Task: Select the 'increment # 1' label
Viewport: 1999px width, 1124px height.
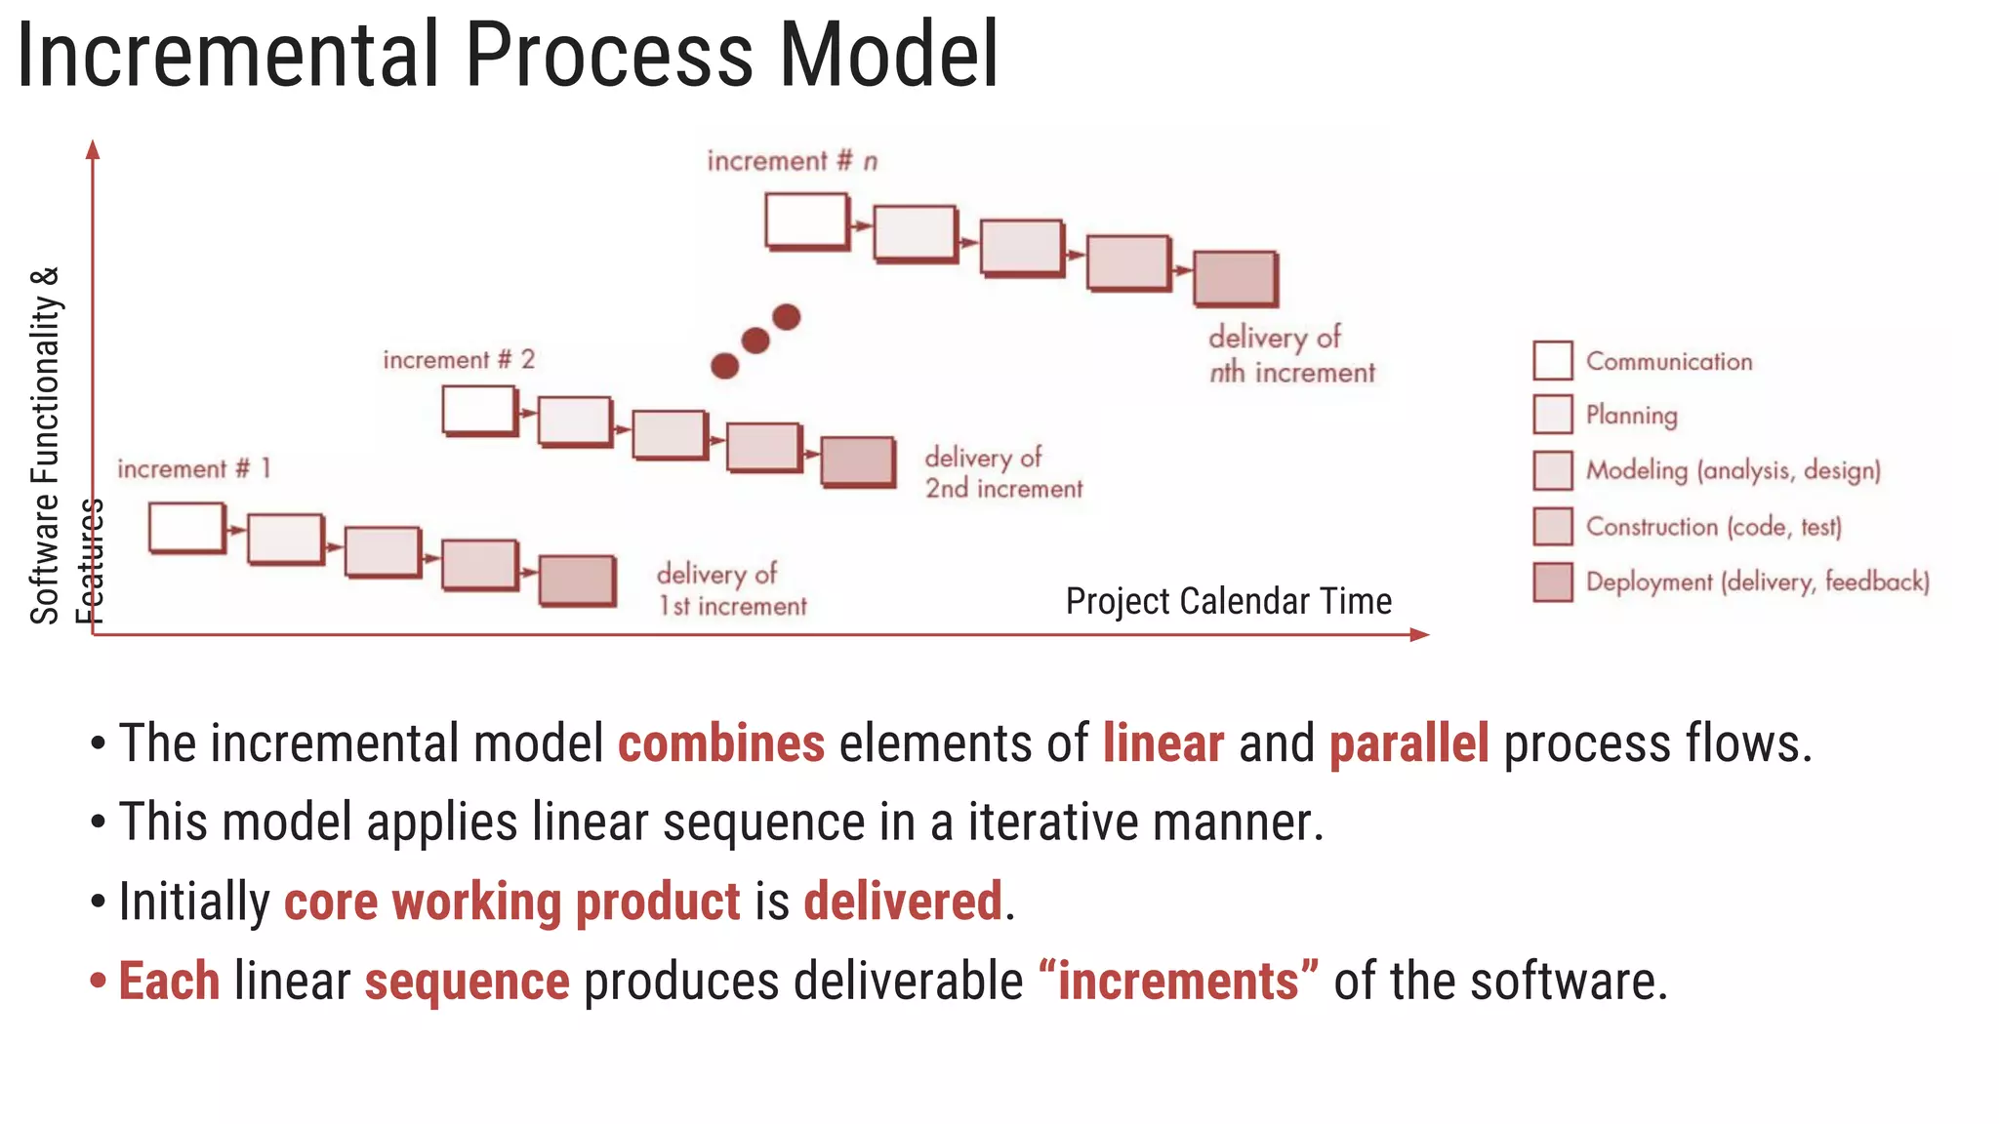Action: pos(193,469)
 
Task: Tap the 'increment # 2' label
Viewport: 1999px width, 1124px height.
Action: pos(459,360)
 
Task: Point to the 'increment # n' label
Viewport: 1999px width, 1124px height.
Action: pos(792,161)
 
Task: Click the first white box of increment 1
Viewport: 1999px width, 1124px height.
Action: pos(185,528)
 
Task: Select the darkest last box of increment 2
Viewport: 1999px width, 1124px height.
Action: pos(857,461)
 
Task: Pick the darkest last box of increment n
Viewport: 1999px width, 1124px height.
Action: pos(1235,278)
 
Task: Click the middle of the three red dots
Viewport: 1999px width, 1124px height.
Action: pos(755,341)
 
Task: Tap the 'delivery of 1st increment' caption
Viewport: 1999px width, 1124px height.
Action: pos(731,589)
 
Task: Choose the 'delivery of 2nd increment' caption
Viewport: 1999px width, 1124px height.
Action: pos(1002,473)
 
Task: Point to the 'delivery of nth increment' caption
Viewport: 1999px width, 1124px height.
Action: pos(1290,355)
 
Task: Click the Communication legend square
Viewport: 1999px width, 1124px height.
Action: pos(1552,360)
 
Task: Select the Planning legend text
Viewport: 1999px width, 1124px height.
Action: pos(1631,416)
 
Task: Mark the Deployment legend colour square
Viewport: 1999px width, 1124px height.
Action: pos(1552,582)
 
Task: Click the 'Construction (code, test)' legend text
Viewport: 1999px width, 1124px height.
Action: pos(1713,527)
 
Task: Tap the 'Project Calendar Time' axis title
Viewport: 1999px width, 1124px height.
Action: pos(1228,601)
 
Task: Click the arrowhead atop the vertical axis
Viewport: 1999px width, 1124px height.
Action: pos(93,149)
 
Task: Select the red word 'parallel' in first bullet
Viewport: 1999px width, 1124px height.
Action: pos(1408,743)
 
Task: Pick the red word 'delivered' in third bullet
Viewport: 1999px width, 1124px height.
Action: pos(903,901)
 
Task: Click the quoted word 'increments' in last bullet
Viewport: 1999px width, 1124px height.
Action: pos(1179,981)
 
